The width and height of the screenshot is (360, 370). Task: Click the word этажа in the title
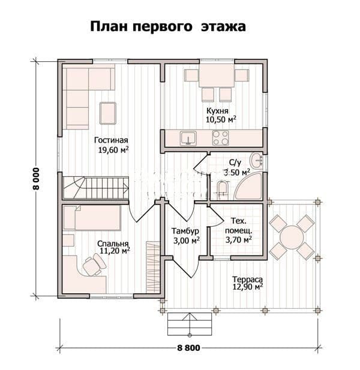tap(223, 26)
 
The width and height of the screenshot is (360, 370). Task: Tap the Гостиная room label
tap(111, 140)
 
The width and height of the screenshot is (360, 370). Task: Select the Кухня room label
tap(217, 111)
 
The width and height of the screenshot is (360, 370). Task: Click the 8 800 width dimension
tap(188, 348)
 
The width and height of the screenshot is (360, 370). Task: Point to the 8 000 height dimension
tap(36, 179)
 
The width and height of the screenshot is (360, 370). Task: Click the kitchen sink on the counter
tap(188, 139)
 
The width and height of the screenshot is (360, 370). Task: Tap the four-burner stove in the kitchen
tap(220, 138)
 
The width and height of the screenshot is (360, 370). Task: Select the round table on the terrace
tap(292, 237)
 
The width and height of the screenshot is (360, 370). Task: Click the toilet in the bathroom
tap(222, 188)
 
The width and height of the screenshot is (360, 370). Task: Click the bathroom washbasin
tap(256, 161)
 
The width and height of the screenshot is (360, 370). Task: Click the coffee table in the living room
tap(108, 113)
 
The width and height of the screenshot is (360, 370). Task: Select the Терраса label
tap(247, 279)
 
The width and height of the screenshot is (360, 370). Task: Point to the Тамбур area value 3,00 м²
tap(187, 240)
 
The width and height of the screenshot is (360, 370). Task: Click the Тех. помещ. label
tap(238, 225)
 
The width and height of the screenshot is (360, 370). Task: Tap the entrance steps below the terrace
tap(190, 324)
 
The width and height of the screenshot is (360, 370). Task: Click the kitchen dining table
tap(217, 75)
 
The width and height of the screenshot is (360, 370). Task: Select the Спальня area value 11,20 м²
tap(115, 251)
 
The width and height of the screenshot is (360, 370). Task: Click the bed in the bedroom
tap(92, 218)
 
